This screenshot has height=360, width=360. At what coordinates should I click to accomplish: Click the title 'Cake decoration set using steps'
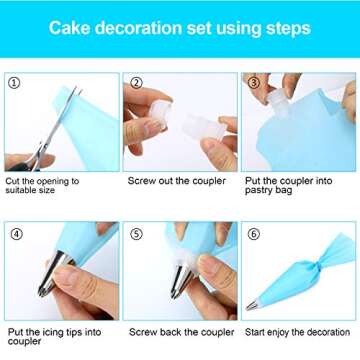coord(179,27)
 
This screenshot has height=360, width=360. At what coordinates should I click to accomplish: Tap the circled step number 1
coord(13,83)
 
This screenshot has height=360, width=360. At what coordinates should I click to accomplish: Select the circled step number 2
coord(135,83)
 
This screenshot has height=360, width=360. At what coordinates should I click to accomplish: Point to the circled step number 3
coord(254,83)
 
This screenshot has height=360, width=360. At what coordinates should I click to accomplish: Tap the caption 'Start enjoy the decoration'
coord(299,332)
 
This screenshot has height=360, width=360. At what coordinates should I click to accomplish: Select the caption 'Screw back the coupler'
coord(181,332)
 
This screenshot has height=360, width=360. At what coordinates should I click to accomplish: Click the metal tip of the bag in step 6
coord(259,305)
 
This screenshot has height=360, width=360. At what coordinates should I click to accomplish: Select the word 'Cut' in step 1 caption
coord(13,182)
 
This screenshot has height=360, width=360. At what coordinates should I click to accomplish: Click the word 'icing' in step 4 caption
coord(47,332)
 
